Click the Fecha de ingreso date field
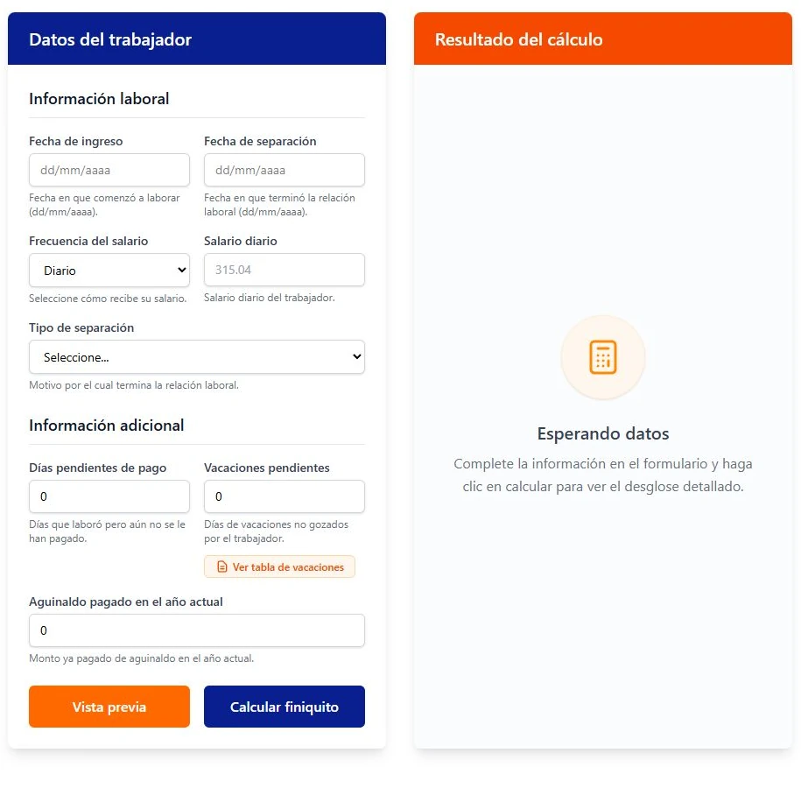tap(109, 170)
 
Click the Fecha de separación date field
tap(284, 170)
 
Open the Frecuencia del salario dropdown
tap(109, 271)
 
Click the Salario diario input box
tap(284, 270)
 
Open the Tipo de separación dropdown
tap(197, 356)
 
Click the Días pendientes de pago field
tap(109, 496)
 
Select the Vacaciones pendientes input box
tap(284, 496)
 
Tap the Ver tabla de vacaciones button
tap(279, 566)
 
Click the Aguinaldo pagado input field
tap(197, 630)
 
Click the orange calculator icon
tap(603, 356)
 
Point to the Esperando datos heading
tap(603, 433)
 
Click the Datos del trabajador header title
tap(110, 39)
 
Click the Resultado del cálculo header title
tap(518, 39)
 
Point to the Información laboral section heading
tap(99, 99)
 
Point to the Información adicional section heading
tap(106, 426)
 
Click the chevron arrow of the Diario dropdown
tap(181, 270)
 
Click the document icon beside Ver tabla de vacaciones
tap(222, 566)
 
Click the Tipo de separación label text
tap(81, 327)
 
